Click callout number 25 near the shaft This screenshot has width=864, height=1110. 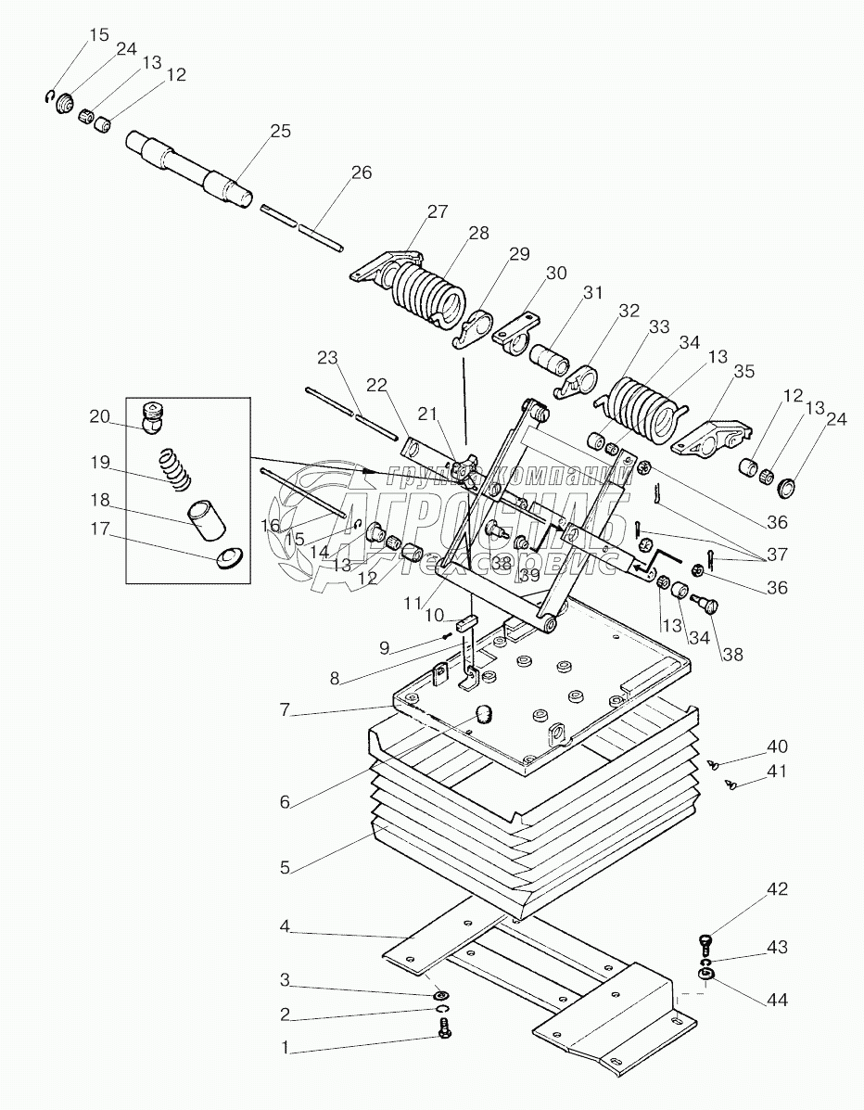click(278, 133)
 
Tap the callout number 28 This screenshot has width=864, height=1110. click(478, 234)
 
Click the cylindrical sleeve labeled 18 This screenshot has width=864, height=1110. click(208, 520)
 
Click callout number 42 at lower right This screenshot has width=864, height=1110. click(776, 889)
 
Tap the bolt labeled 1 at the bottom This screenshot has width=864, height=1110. click(444, 1027)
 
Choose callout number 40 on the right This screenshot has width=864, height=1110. click(776, 746)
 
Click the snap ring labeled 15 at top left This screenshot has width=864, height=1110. click(49, 97)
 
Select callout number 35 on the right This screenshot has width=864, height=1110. click(743, 374)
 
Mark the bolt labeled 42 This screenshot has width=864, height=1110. click(705, 941)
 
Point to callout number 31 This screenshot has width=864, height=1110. click(592, 294)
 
